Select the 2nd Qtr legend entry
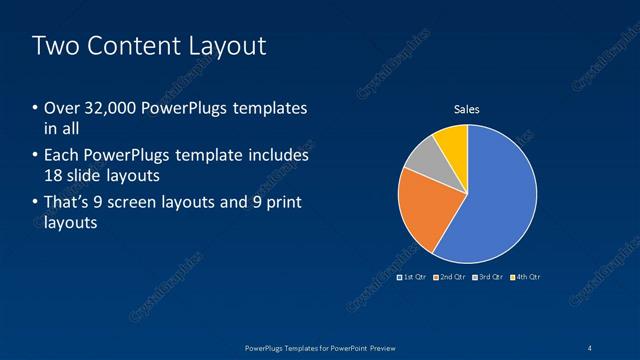(x=452, y=276)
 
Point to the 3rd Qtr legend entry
(x=489, y=276)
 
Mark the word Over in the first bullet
(x=61, y=108)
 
